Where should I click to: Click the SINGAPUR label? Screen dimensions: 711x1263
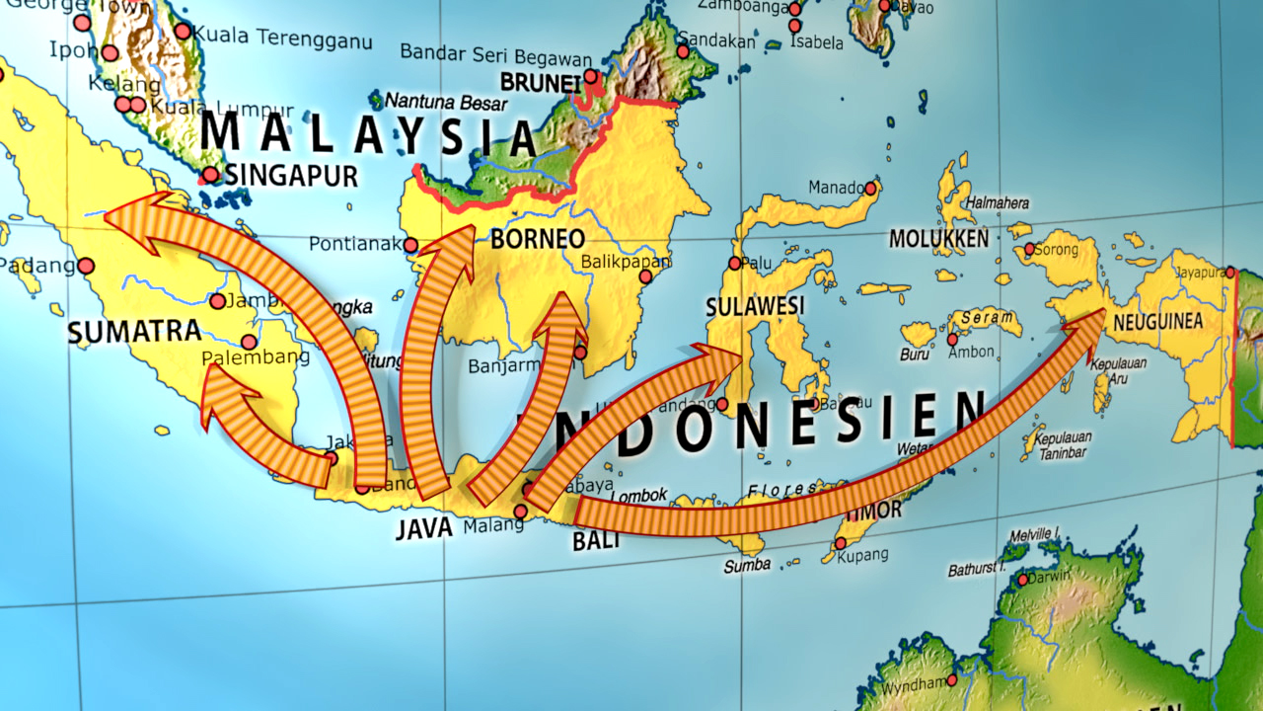point(290,176)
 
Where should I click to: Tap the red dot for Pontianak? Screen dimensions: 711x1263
point(411,245)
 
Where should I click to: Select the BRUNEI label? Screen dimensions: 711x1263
point(541,82)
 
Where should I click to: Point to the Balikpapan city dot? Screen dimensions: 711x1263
point(647,277)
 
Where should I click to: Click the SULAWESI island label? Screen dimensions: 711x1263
point(755,306)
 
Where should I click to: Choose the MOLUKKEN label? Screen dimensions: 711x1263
point(938,239)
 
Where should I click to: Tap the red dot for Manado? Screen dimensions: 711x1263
point(870,188)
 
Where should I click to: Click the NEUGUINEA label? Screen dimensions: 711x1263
point(1157,322)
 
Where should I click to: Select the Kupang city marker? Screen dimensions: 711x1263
point(841,543)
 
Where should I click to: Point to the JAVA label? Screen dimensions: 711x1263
point(424,528)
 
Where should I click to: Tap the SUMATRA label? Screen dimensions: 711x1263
point(135,332)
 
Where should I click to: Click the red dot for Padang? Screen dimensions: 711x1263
point(86,266)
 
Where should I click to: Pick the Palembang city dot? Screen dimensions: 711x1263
point(249,342)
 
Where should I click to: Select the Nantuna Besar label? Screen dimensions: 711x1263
point(446,102)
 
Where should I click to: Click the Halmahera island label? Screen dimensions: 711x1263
point(998,202)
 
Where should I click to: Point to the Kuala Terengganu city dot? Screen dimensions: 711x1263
point(183,31)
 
